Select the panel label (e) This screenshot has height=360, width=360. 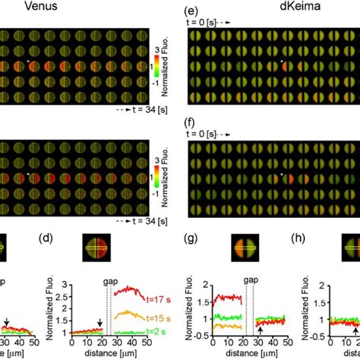coord(194,11)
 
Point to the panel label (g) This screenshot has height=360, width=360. coord(194,242)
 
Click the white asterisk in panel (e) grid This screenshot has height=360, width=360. coord(280,62)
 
